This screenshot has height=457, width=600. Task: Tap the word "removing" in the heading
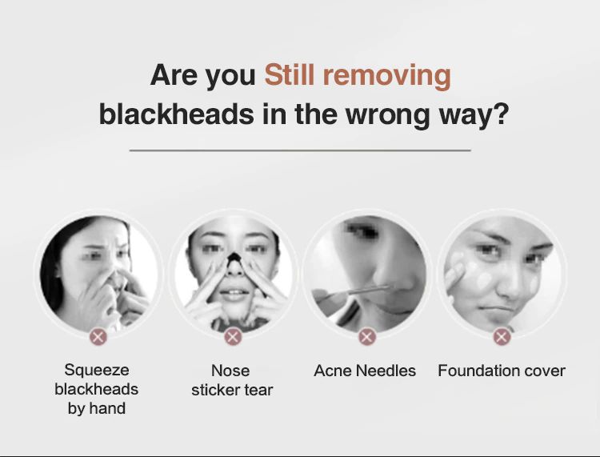387,78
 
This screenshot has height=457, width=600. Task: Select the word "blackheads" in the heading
177,114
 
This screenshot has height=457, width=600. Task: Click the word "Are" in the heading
174,75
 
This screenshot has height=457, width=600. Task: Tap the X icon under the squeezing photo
98,337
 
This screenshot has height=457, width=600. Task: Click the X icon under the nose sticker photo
233,337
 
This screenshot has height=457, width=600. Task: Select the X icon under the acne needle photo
366,337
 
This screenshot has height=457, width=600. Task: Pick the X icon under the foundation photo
502,337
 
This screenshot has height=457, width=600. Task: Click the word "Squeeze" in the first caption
97,371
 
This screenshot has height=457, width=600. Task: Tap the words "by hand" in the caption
97,408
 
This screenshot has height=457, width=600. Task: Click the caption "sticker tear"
232,390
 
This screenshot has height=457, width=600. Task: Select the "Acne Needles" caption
365,371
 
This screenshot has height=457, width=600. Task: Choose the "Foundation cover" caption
502,371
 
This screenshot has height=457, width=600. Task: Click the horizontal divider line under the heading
300,150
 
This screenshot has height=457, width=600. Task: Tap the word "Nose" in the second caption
230,371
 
